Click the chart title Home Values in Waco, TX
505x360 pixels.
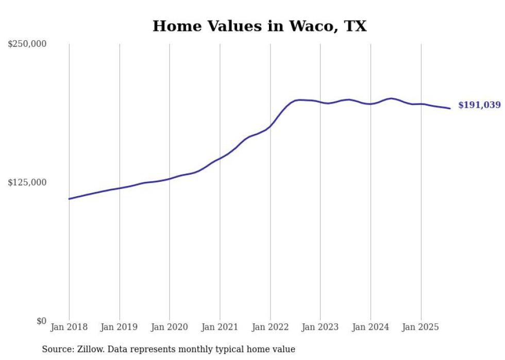click(x=259, y=26)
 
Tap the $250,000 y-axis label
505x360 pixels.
click(x=27, y=44)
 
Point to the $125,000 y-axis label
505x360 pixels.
click(x=27, y=182)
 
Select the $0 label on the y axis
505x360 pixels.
click(x=42, y=321)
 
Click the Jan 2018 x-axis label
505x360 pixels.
click(x=69, y=327)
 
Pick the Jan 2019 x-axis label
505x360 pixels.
click(x=120, y=327)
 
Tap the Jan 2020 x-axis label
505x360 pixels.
click(x=170, y=327)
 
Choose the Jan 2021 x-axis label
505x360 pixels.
click(x=220, y=327)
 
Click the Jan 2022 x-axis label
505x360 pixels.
click(x=270, y=327)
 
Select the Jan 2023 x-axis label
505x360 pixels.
click(x=321, y=327)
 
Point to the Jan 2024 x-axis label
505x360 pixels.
click(x=371, y=327)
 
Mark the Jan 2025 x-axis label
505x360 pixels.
click(x=421, y=327)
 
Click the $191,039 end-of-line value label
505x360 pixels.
click(x=479, y=105)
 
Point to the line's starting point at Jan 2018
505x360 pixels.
click(x=69, y=199)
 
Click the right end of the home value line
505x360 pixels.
click(x=450, y=108)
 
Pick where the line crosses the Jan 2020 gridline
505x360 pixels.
click(x=170, y=179)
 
